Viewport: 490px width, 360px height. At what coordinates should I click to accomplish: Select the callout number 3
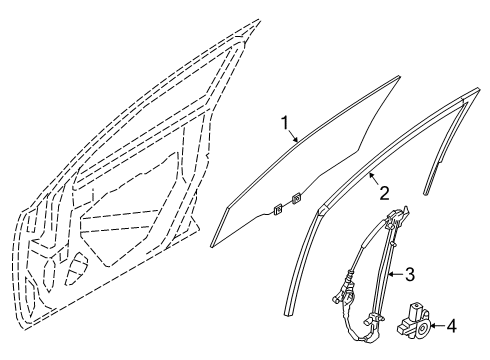pyautogui.click(x=410, y=273)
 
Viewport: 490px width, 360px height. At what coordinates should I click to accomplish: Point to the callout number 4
pyautogui.click(x=451, y=325)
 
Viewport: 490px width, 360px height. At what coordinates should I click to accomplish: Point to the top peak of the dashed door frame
pyautogui.click(x=257, y=20)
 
